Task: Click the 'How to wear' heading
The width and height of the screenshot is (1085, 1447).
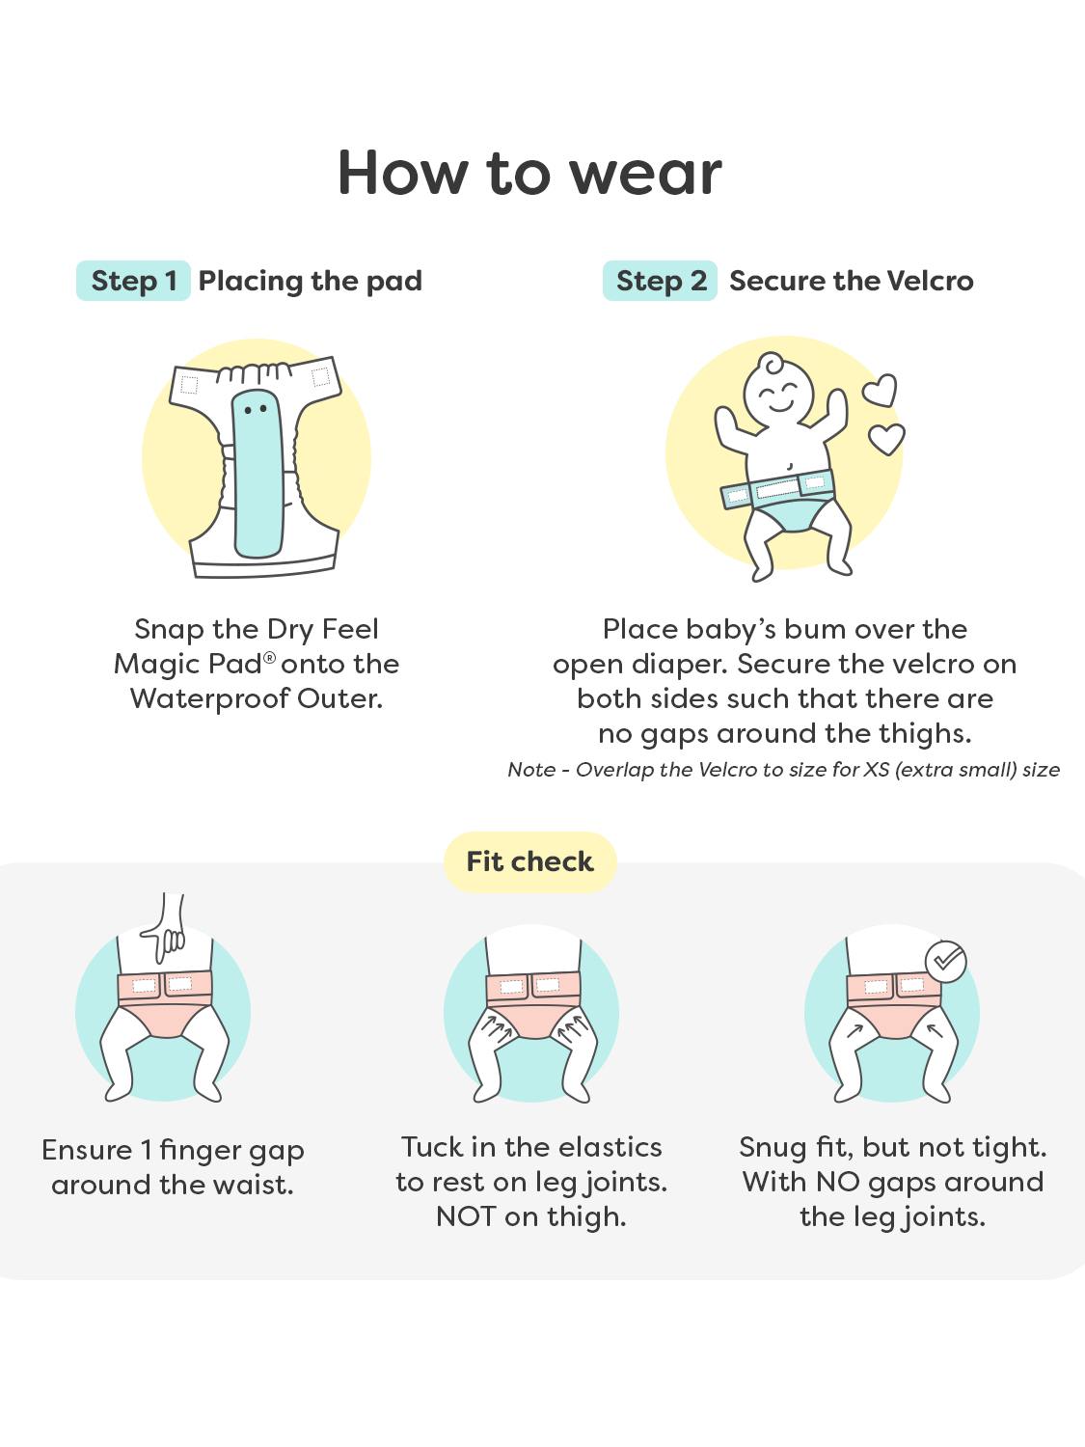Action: pyautogui.click(x=529, y=173)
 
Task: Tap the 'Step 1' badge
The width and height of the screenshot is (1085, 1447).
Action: pyautogui.click(x=133, y=281)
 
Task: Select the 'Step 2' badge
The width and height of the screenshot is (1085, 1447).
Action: pyautogui.click(x=660, y=281)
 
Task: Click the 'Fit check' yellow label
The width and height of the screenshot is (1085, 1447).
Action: pyautogui.click(x=530, y=861)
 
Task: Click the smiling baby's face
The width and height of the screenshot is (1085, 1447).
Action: pyautogui.click(x=778, y=395)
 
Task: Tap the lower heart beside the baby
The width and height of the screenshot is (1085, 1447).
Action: pyautogui.click(x=886, y=438)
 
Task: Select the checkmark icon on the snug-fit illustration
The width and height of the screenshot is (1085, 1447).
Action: pyautogui.click(x=945, y=962)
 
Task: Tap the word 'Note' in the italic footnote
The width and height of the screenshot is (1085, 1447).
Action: pyautogui.click(x=531, y=769)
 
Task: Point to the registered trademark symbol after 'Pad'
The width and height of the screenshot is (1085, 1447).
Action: pyautogui.click(x=269, y=657)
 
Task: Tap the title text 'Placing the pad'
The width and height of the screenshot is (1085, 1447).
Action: pyautogui.click(x=311, y=282)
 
